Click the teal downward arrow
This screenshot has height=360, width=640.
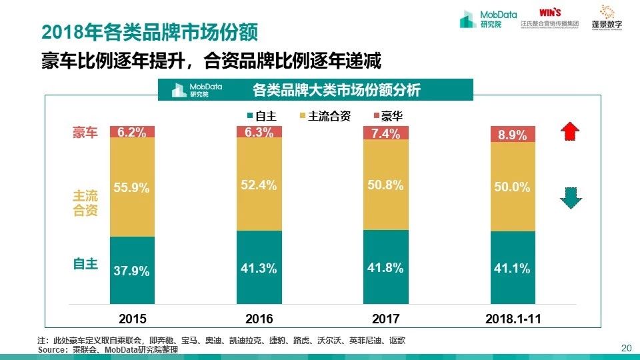point(568,198)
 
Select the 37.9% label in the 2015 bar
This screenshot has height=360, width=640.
point(131,271)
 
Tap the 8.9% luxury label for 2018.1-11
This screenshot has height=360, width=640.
point(512,135)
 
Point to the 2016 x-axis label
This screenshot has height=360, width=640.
point(259,319)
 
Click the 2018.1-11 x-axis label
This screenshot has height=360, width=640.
point(511,319)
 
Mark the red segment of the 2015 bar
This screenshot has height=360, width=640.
point(131,132)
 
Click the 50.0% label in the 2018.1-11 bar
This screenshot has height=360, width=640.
point(512,188)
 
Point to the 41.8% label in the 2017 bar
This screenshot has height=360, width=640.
point(385,268)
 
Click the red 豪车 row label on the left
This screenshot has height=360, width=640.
point(85,132)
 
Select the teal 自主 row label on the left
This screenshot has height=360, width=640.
point(85,264)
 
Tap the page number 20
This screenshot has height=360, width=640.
point(625,348)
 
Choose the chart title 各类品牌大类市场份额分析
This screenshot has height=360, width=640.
point(337,89)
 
